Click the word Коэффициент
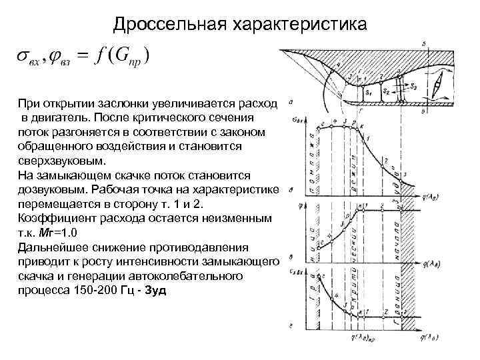[x=53, y=219]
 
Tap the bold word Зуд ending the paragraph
[x=154, y=291]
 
